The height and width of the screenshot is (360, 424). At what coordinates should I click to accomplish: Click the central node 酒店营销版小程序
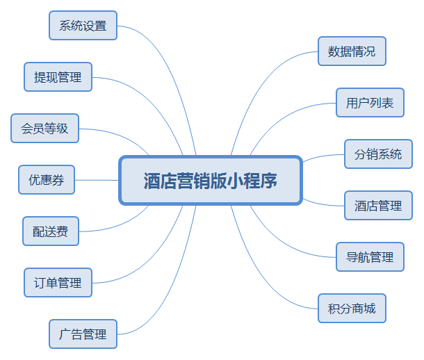point(211,181)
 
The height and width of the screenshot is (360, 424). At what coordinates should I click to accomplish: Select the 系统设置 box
point(83,26)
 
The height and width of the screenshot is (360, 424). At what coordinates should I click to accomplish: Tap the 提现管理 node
point(58,77)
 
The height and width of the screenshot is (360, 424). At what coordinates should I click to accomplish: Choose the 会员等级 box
point(44,129)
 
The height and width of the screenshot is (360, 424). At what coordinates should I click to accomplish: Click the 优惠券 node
point(46,180)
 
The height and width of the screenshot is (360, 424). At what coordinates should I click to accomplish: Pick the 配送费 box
point(50,231)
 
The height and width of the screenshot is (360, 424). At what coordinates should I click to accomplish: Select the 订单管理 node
point(58,283)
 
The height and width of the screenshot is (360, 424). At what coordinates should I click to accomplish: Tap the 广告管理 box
point(83,334)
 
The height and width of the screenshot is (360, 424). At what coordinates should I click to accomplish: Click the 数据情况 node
point(351,51)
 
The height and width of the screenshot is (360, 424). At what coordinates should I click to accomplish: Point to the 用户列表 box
point(370,103)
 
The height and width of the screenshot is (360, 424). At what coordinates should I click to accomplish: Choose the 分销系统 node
point(378,154)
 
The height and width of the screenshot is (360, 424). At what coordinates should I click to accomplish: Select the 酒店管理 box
point(378,206)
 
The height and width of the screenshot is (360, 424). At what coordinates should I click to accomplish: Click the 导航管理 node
point(370,257)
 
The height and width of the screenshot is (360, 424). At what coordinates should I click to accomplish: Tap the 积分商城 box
point(351,309)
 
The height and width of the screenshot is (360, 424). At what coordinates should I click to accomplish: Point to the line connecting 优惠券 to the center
point(97,180)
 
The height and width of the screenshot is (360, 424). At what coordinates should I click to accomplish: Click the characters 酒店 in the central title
point(158,181)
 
